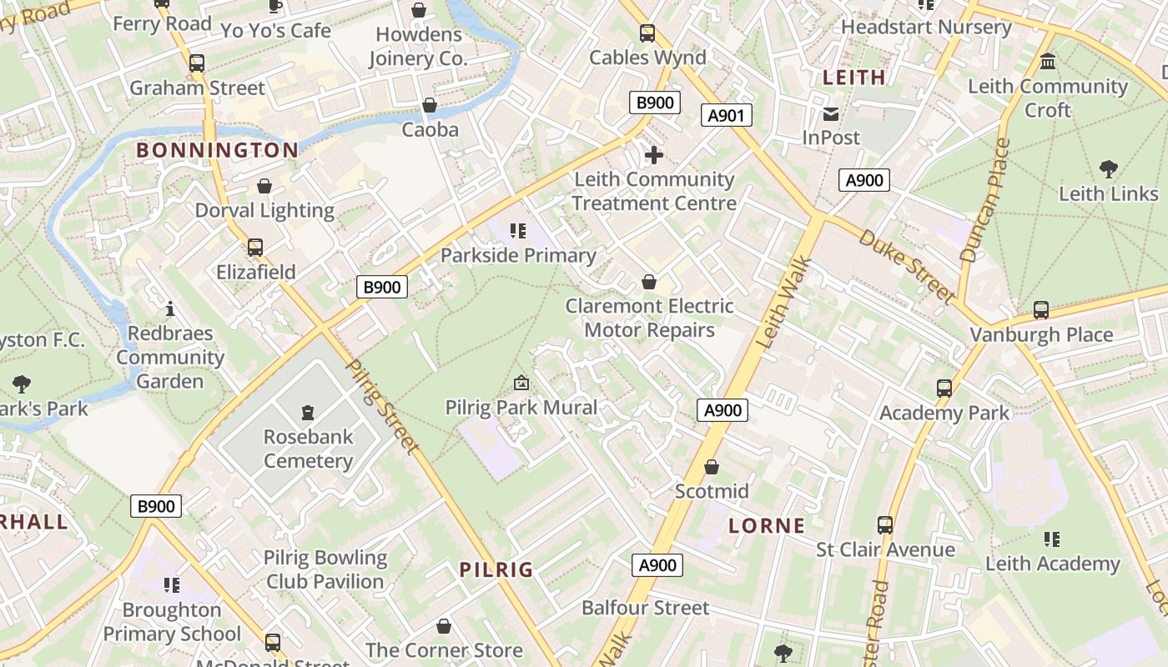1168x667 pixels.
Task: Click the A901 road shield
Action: pos(726,115)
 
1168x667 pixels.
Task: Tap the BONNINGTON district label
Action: pos(217,150)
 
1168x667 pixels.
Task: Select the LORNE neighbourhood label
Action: pos(767,525)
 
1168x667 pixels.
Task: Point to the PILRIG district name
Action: pos(496,569)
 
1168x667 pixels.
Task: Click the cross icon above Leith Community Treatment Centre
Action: pos(654,155)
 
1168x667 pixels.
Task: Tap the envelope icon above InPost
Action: pos(831,114)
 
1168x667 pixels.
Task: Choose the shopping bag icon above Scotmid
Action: pos(712,467)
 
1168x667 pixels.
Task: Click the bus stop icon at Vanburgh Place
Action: pos(1041,310)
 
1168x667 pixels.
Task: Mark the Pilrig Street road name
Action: pos(383,407)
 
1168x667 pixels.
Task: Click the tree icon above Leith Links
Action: pos(1109,169)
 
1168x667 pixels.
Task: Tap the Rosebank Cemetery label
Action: pos(308,449)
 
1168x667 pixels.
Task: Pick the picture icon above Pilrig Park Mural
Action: pos(521,383)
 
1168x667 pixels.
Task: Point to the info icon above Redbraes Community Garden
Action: pos(170,309)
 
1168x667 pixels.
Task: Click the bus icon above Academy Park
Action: pos(944,388)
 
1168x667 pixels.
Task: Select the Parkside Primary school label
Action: pos(518,255)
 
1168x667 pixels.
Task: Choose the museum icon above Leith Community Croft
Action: pos(1048,62)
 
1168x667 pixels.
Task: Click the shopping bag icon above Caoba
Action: pos(430,105)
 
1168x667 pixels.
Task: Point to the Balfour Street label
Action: pos(645,608)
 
